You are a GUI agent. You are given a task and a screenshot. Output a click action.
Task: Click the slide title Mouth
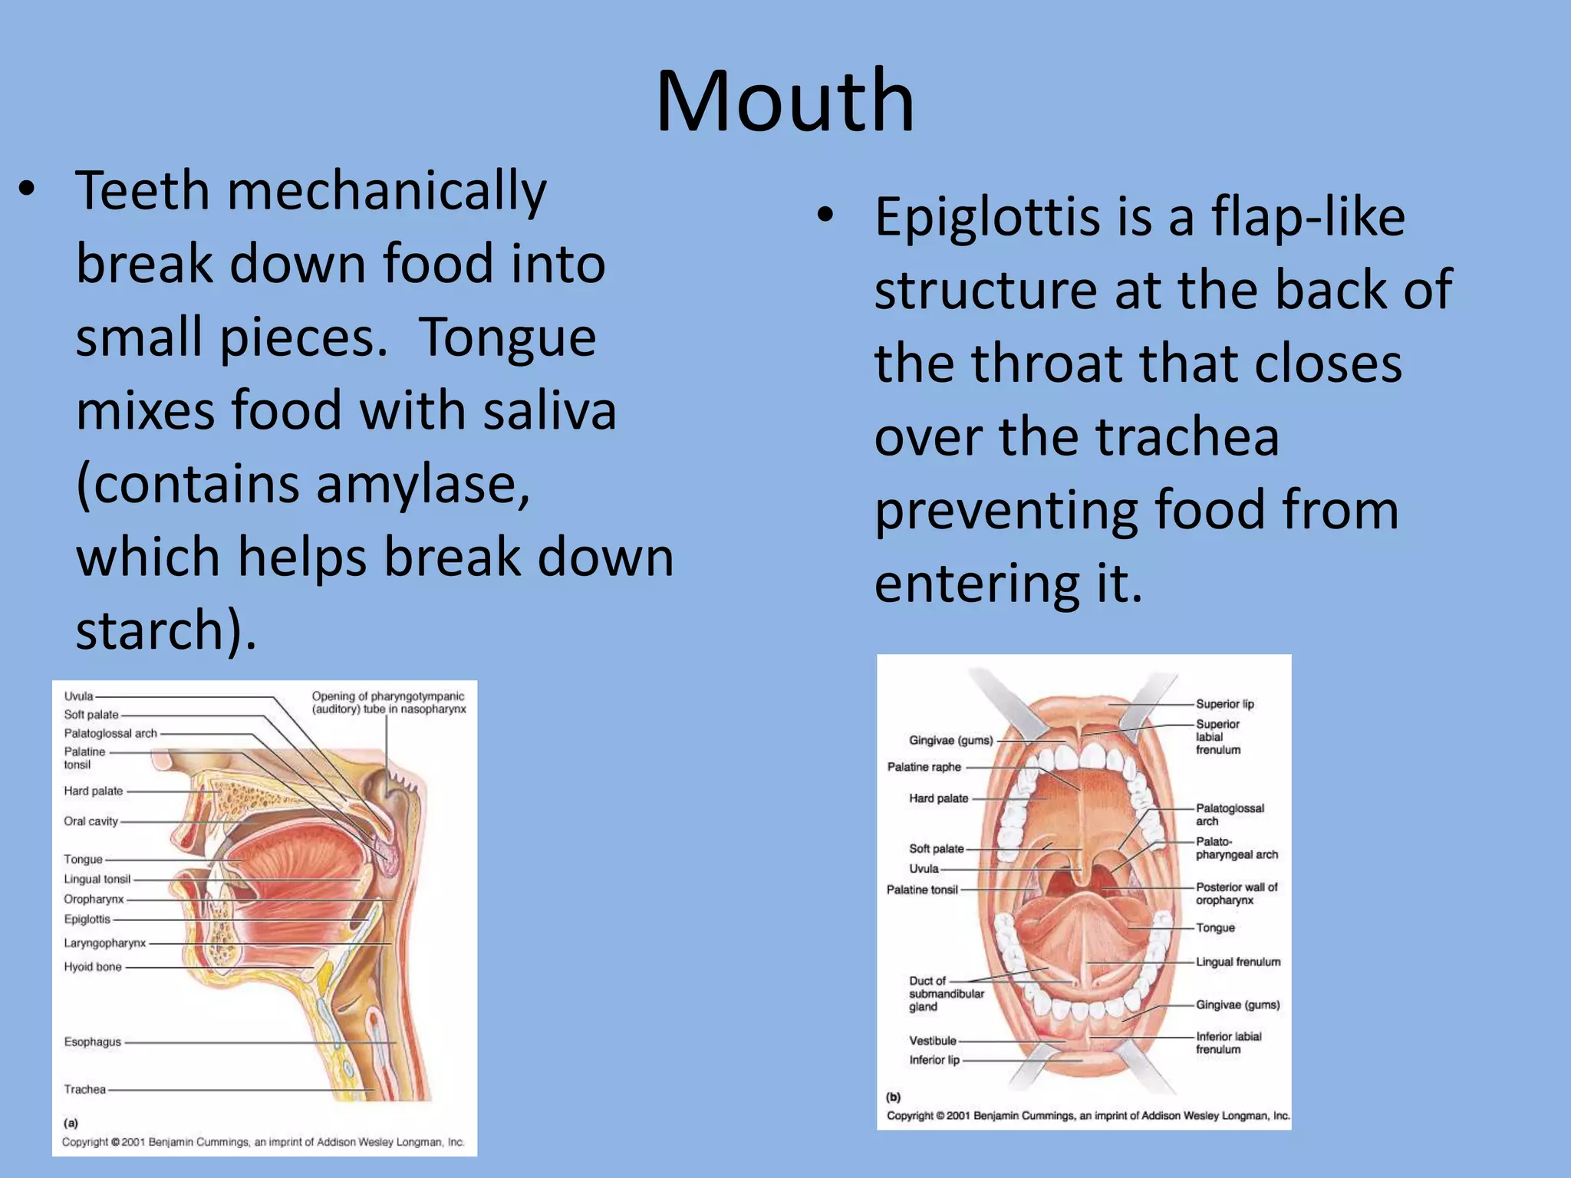785,101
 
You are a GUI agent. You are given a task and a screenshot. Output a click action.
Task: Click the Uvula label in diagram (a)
78,696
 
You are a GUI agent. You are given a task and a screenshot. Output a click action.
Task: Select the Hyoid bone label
93,967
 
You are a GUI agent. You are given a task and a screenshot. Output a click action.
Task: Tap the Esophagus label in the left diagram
93,1041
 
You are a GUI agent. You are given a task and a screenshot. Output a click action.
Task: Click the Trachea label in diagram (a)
84,1089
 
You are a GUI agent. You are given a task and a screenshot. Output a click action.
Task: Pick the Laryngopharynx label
104,943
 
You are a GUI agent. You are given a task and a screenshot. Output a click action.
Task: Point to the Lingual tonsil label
97,879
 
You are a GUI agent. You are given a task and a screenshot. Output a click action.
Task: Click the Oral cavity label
91,821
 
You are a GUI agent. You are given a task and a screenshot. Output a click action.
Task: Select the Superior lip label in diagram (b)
1224,704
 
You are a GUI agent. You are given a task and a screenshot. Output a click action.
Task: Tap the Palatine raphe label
924,767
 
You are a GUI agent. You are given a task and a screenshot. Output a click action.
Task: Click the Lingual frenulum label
1238,962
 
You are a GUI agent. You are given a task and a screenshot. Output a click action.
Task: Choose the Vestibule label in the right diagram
933,1041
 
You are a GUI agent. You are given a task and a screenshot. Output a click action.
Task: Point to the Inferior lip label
934,1060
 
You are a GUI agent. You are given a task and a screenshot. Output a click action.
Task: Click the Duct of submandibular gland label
946,994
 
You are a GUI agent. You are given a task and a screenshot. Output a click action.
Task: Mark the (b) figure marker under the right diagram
894,1097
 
